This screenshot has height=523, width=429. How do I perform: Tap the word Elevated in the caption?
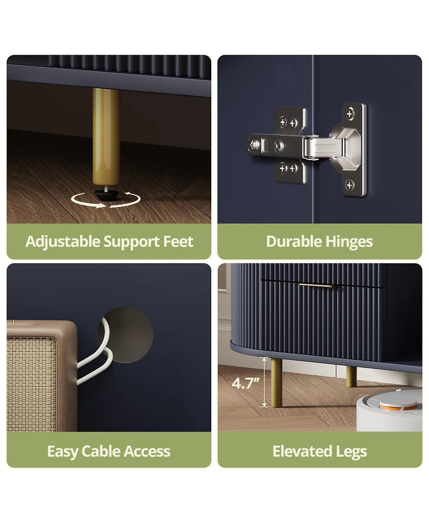coord(302,451)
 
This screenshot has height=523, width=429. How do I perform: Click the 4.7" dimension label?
coord(246,383)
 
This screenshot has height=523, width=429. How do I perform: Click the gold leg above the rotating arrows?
coord(106,137)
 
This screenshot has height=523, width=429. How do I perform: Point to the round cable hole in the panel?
coord(125,335)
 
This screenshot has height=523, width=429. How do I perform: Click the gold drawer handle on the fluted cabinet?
coord(315,285)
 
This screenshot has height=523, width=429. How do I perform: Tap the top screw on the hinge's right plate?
coord(350,113)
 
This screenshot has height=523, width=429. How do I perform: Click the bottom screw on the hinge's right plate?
coord(350,185)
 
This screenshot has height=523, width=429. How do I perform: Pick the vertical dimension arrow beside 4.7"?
coord(264,382)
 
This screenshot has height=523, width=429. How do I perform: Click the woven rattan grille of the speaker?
coord(32,384)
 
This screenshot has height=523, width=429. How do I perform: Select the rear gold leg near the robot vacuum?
coord(351,376)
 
